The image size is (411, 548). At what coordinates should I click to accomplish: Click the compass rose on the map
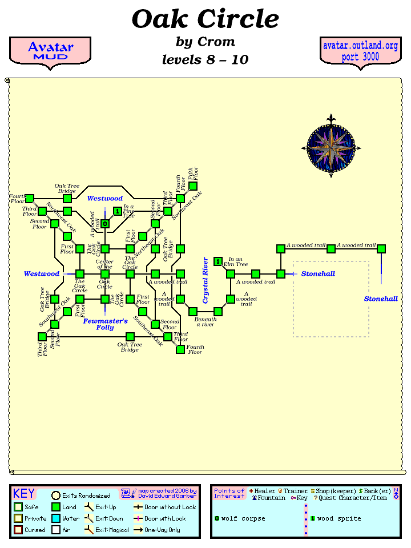coord(331,147)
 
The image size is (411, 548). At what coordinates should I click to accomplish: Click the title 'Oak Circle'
coord(205,19)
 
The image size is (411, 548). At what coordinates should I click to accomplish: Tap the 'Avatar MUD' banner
coord(50,51)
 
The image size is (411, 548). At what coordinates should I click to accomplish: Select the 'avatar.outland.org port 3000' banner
coord(360,51)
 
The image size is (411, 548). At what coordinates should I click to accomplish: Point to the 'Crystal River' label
coord(206,280)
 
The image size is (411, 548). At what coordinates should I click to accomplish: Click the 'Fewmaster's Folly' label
coord(105,324)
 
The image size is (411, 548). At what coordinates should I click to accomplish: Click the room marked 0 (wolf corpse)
coord(105,224)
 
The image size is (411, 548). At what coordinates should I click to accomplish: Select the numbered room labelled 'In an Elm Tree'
coord(218,261)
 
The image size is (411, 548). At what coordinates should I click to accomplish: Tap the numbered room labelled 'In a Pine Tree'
coord(118,211)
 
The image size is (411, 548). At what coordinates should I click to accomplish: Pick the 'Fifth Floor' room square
coord(193,186)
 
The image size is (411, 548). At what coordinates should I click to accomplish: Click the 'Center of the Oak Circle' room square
coord(105,274)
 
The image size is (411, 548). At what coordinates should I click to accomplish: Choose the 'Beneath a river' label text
coord(205,322)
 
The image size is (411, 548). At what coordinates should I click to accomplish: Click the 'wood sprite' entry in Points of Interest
coord(339,518)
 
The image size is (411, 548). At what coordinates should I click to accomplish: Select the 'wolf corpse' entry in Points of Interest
coord(243,518)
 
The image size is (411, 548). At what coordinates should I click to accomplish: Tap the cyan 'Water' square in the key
coord(56,518)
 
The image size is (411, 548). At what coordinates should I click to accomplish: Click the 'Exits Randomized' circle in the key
coord(56,495)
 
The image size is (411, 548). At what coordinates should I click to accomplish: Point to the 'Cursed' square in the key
coord(18,530)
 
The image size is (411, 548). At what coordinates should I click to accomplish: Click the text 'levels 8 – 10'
coord(205,59)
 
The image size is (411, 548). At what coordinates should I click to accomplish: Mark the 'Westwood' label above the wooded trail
coord(105,199)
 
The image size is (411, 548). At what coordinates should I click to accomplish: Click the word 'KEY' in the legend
coord(24,494)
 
